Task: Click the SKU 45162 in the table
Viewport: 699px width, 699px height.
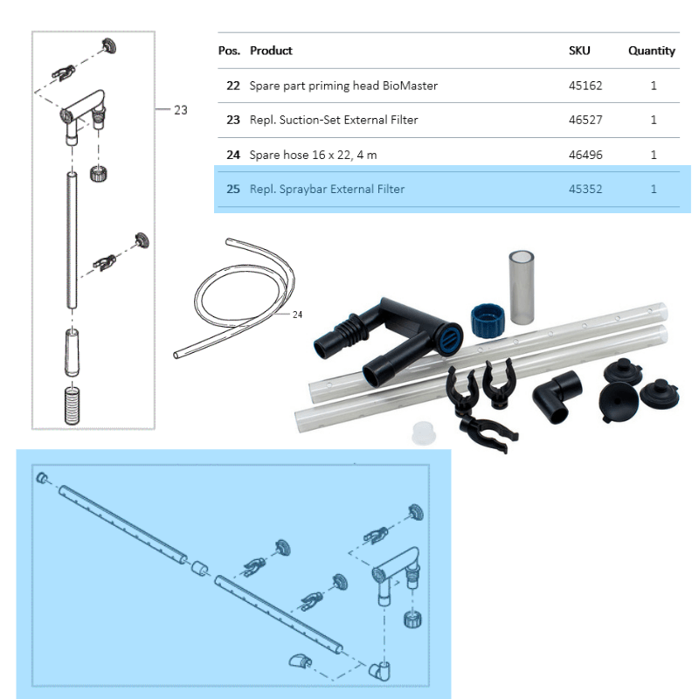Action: point(585,86)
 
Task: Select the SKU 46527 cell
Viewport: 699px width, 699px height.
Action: point(585,120)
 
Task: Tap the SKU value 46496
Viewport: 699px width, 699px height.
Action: point(585,155)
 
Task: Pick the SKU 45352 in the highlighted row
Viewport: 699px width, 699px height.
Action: point(585,189)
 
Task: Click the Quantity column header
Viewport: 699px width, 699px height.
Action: point(651,51)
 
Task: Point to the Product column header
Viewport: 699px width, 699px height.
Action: point(271,51)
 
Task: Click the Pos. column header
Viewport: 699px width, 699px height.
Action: point(229,51)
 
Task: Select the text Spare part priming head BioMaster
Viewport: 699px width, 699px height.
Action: point(343,86)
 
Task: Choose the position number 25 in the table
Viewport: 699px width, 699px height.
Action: point(232,189)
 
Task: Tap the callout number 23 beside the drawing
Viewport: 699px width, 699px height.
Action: point(180,110)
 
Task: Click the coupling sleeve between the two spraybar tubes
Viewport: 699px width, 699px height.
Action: point(199,569)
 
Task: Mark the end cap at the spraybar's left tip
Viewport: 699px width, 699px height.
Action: point(41,479)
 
